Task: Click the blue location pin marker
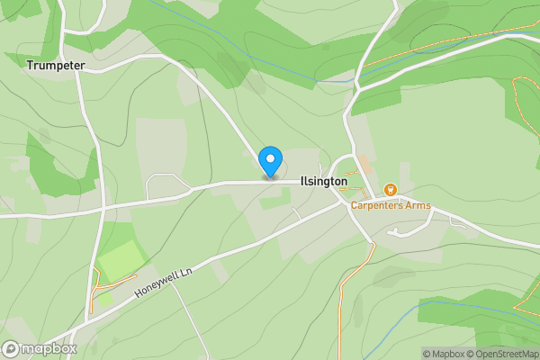coord(269,162)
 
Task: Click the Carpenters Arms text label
coord(391,206)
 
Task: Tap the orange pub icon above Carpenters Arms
coord(391,190)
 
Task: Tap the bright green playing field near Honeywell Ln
coord(118,261)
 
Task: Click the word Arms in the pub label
coord(417,206)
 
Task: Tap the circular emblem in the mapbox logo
coord(11,348)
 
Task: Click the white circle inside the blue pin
coord(269,158)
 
